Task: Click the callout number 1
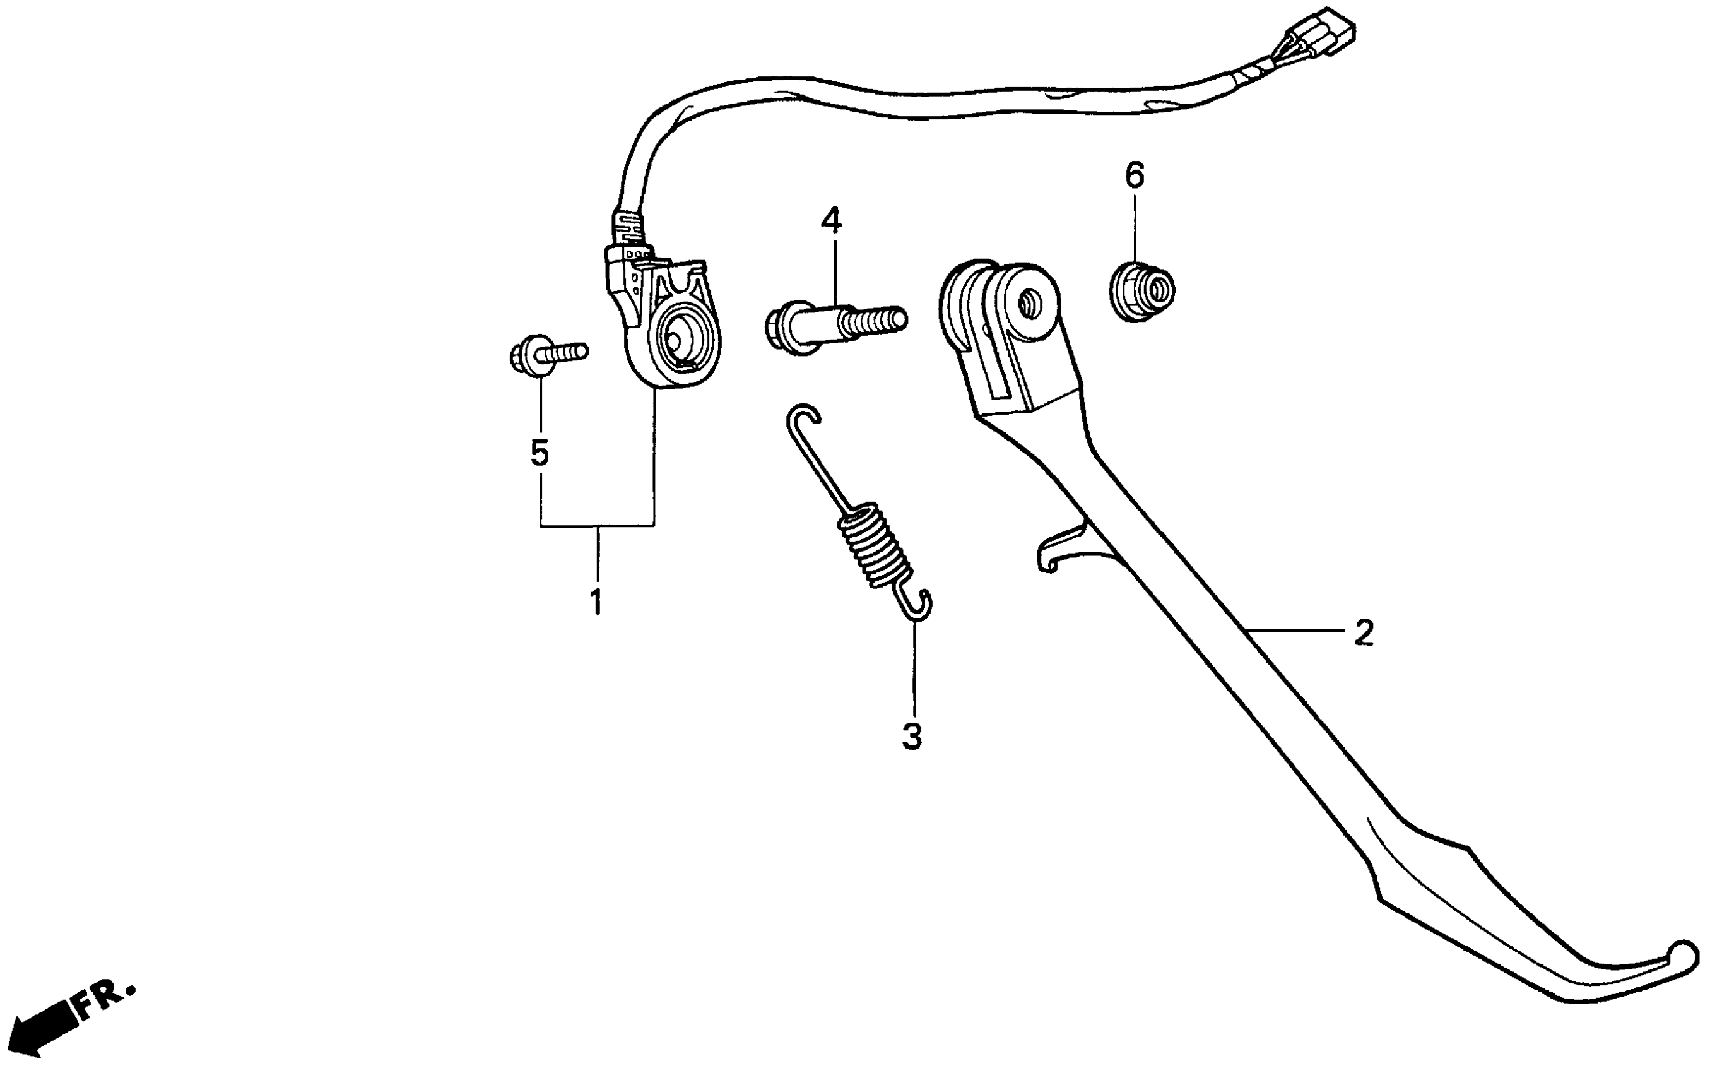(596, 602)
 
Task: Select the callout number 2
(1363, 632)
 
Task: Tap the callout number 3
(912, 737)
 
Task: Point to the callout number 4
(831, 221)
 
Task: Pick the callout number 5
(540, 452)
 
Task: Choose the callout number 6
(1135, 175)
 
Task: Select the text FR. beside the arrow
(105, 1000)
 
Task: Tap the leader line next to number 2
(1298, 630)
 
